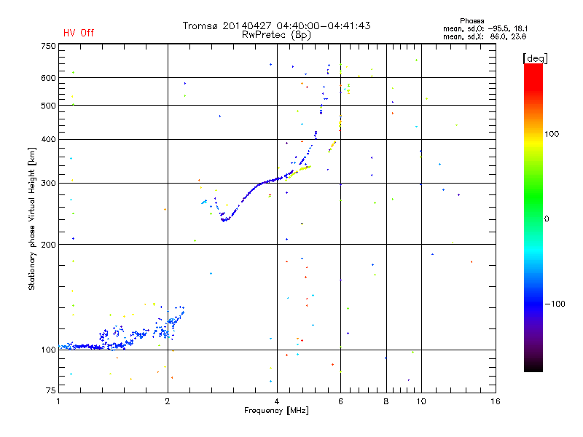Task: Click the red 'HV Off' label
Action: click(x=78, y=33)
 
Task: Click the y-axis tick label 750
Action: click(x=47, y=46)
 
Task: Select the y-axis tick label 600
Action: click(x=47, y=78)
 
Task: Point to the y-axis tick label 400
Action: click(x=47, y=140)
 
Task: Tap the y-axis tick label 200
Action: click(x=47, y=245)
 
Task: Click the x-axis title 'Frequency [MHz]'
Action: click(x=277, y=412)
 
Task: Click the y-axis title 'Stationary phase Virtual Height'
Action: click(x=32, y=219)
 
